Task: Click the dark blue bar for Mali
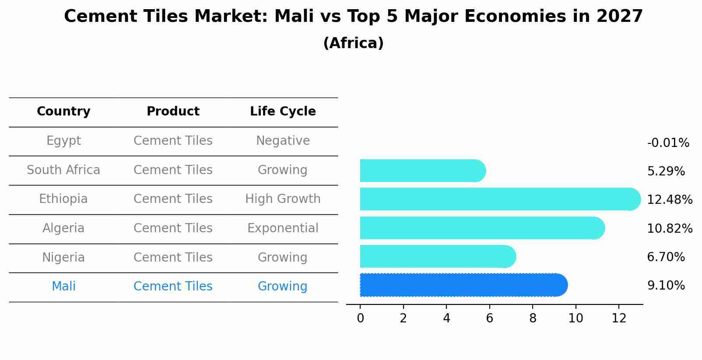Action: click(x=463, y=285)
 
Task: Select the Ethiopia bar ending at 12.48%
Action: click(x=499, y=199)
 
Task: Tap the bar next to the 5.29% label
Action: click(x=422, y=171)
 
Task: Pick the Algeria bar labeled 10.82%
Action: click(x=481, y=228)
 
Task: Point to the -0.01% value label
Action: click(x=668, y=143)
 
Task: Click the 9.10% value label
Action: click(x=666, y=286)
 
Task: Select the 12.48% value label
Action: click(x=670, y=200)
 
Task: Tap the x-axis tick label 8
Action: click(x=533, y=318)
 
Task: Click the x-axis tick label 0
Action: click(x=360, y=318)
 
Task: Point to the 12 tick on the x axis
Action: click(x=619, y=318)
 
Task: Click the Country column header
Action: click(x=63, y=112)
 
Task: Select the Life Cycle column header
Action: click(x=283, y=112)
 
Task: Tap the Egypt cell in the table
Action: click(x=63, y=141)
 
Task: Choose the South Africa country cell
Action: click(x=63, y=170)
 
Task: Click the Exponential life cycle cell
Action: click(x=283, y=228)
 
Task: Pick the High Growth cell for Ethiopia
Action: click(x=283, y=199)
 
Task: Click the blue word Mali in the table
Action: click(x=63, y=287)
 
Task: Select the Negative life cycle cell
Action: click(x=283, y=141)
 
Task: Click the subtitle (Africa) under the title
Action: click(x=353, y=43)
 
